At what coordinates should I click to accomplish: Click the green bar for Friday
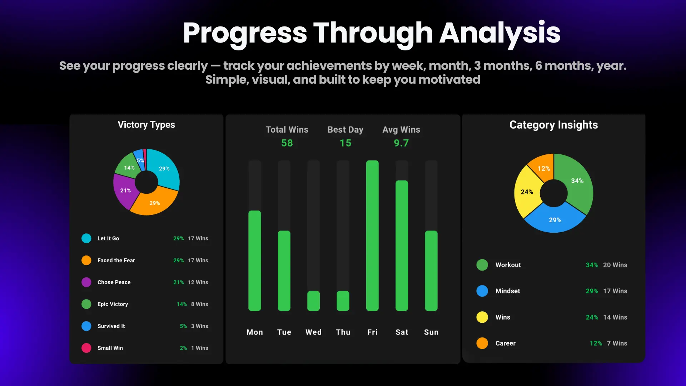(x=372, y=236)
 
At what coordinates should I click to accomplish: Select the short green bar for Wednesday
(x=313, y=301)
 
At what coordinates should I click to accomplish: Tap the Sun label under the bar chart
(x=431, y=332)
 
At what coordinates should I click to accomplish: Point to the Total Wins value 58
(x=287, y=143)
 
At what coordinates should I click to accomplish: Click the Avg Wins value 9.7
(x=401, y=143)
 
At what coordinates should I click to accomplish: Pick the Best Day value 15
(x=345, y=143)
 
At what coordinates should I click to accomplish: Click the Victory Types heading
(x=146, y=125)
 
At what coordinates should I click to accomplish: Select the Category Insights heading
(x=553, y=125)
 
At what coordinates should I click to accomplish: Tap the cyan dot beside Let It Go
(x=86, y=238)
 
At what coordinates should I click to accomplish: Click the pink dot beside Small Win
(x=86, y=348)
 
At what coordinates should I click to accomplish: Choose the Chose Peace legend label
(x=114, y=282)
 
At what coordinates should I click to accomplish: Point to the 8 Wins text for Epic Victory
(x=199, y=304)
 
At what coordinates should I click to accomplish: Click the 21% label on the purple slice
(x=125, y=190)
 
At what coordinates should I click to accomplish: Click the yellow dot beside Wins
(x=482, y=317)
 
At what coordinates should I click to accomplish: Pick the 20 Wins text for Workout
(x=615, y=265)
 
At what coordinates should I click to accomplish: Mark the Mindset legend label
(x=508, y=291)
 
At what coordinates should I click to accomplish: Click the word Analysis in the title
(x=500, y=33)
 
